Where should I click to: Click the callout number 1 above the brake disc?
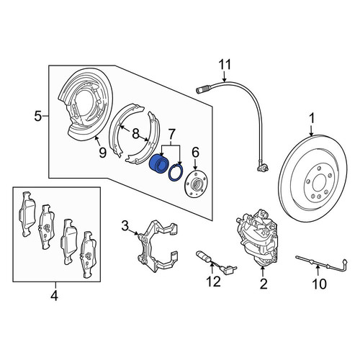pyautogui.click(x=312, y=120)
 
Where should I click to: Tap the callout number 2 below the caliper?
pyautogui.click(x=263, y=284)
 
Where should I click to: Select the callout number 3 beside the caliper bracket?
pyautogui.click(x=125, y=226)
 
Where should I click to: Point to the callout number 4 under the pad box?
pyautogui.click(x=55, y=295)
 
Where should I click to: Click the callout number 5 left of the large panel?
pyautogui.click(x=38, y=117)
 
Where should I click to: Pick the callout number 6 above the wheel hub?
pyautogui.click(x=195, y=153)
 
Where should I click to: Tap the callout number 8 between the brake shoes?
pyautogui.click(x=135, y=133)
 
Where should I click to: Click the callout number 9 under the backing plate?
pyautogui.click(x=102, y=152)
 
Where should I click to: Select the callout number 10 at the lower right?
pyautogui.click(x=319, y=284)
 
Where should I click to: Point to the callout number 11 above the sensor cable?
pyautogui.click(x=225, y=65)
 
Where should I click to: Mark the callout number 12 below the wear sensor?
pyautogui.click(x=213, y=282)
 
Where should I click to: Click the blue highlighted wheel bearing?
pyautogui.click(x=158, y=164)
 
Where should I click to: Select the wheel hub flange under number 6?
pyautogui.click(x=195, y=184)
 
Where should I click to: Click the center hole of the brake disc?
pyautogui.click(x=318, y=182)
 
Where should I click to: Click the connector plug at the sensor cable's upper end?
pyautogui.click(x=202, y=90)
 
